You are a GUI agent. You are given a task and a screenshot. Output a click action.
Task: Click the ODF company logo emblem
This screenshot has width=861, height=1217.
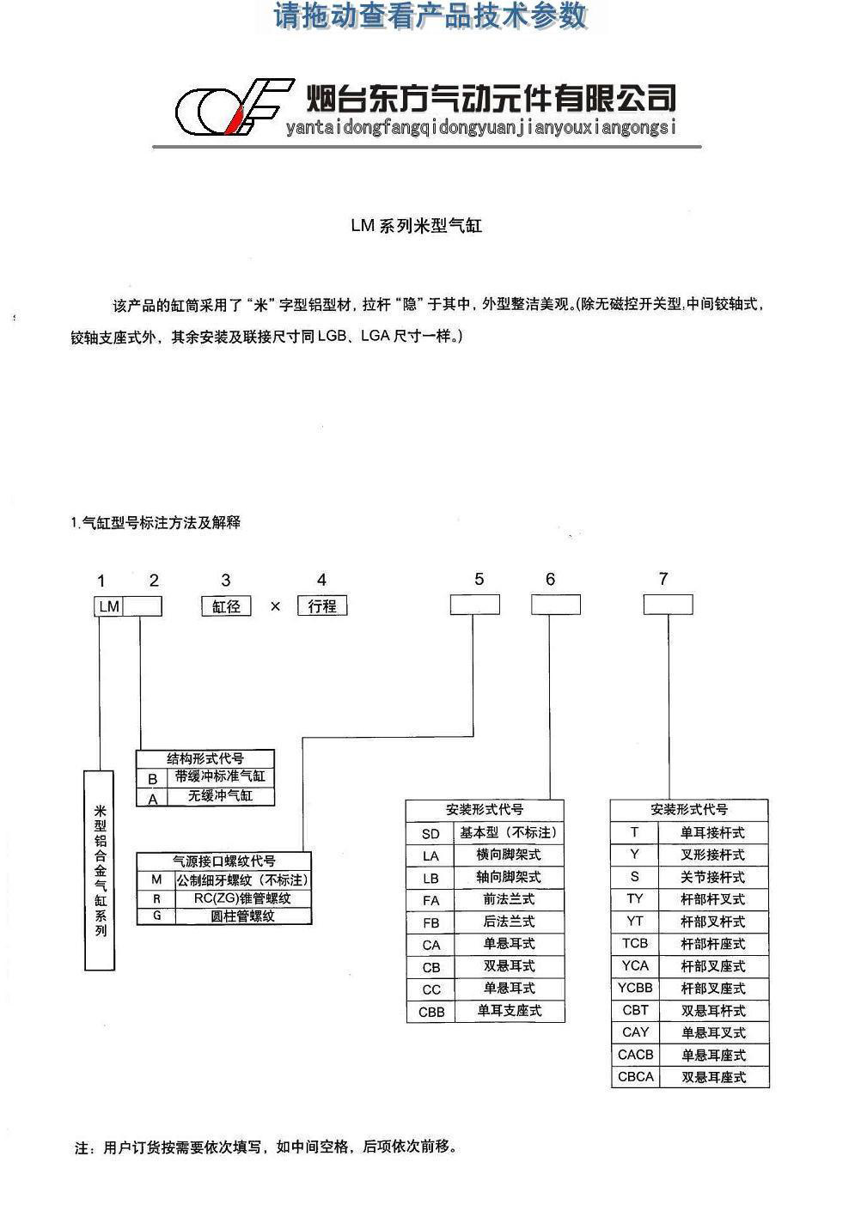[x=235, y=107]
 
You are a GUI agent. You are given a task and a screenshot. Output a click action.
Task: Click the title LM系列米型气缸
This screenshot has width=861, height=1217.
[x=417, y=226]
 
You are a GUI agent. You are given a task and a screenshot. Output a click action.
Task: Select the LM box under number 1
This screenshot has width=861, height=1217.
[x=109, y=606]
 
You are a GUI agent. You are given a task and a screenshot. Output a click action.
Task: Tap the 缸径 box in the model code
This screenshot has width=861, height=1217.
[x=226, y=605]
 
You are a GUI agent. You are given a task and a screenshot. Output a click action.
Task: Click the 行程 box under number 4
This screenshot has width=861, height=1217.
[x=322, y=605]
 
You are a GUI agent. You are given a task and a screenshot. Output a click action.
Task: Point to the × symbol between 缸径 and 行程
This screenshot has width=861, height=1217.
[x=275, y=606]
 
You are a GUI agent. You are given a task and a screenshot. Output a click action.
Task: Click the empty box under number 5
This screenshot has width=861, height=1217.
[x=474, y=605]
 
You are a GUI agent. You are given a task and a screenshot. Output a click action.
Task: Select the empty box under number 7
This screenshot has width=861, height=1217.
[x=668, y=605]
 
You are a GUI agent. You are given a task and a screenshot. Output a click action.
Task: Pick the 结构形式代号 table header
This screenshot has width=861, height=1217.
[x=205, y=758]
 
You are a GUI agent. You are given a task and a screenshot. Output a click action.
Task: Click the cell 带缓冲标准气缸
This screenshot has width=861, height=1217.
[x=220, y=777]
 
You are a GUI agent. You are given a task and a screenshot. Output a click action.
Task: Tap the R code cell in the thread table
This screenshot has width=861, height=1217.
[x=156, y=898]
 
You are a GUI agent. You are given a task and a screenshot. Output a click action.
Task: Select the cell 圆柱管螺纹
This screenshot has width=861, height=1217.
[x=243, y=916]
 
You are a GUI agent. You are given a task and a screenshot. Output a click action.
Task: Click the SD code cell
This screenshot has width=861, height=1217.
[x=430, y=833]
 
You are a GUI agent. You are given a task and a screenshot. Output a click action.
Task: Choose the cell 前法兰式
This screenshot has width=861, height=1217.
[x=510, y=900]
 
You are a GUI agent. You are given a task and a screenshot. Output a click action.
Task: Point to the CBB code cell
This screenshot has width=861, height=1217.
[x=431, y=1013]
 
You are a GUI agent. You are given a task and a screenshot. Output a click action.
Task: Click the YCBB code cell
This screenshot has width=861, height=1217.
[x=635, y=988]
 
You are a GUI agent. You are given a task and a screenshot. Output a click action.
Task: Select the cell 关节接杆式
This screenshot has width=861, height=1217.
[x=713, y=877]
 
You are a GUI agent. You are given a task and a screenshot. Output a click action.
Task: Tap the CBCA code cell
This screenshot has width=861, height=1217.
[x=635, y=1077]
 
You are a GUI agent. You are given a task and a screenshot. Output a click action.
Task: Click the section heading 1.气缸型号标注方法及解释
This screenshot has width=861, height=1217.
[x=156, y=523]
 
